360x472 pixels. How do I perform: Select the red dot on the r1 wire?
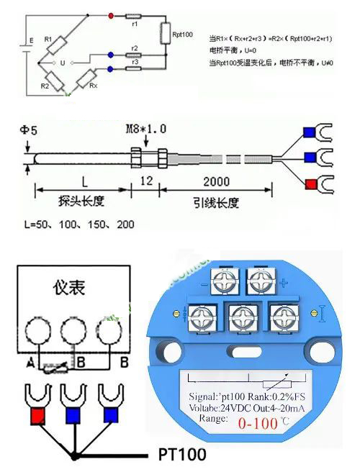pos(109,14)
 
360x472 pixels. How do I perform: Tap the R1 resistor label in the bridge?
pos(48,38)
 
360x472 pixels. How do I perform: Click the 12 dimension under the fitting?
pos(143,181)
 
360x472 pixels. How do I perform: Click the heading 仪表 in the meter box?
pos(68,289)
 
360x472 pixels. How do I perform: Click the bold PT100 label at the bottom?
pos(181,455)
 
